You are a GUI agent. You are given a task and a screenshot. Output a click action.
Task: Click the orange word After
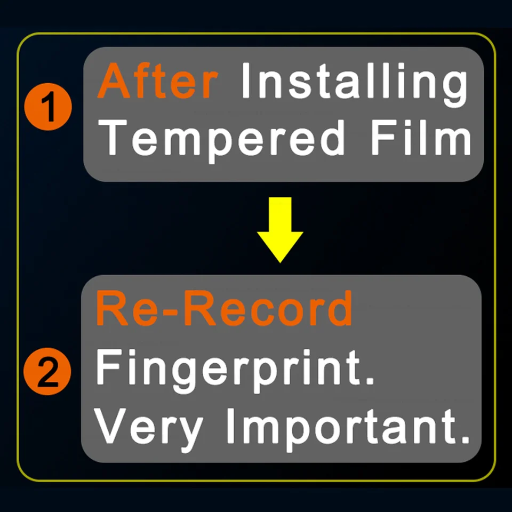tap(158, 81)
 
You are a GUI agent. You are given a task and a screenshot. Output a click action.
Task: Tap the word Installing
tap(355, 85)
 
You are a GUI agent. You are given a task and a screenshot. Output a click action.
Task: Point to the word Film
tap(421, 137)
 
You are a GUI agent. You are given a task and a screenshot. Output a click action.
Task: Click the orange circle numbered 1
tap(48, 107)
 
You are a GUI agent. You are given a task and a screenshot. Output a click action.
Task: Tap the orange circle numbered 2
tap(47, 371)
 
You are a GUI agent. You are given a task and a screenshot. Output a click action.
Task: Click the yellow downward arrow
tap(280, 229)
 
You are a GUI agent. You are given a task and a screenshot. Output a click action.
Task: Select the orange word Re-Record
tap(225, 308)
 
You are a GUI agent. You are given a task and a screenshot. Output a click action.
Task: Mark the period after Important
tap(465, 439)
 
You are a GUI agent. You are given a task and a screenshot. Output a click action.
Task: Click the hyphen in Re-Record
tap(169, 313)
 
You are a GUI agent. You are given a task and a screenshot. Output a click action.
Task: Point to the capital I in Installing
tap(245, 81)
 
